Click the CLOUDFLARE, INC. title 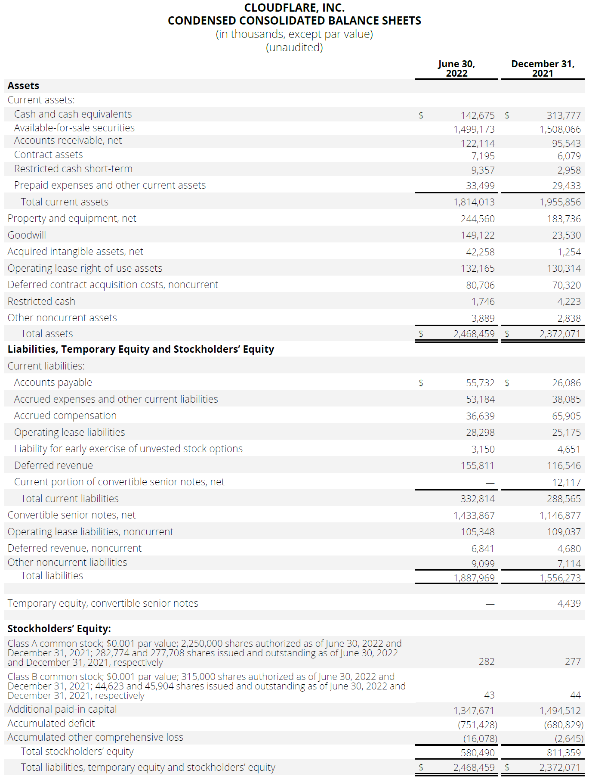[x=294, y=8]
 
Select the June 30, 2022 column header [x=456, y=68]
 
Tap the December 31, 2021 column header [x=543, y=68]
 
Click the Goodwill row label [x=27, y=235]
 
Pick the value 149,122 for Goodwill [x=478, y=235]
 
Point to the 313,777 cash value [x=564, y=115]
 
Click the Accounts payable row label [x=53, y=382]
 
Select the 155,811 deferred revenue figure [x=478, y=466]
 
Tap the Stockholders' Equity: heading [x=59, y=629]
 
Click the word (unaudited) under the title [x=294, y=47]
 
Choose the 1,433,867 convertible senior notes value [x=474, y=515]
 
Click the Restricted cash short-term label [x=73, y=169]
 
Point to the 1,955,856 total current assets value [x=560, y=202]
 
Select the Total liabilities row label [x=52, y=576]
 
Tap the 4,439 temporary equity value [x=569, y=603]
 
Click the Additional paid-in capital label [x=62, y=709]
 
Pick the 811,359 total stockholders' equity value [x=564, y=753]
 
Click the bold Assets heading [x=24, y=86]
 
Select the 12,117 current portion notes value [x=566, y=482]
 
